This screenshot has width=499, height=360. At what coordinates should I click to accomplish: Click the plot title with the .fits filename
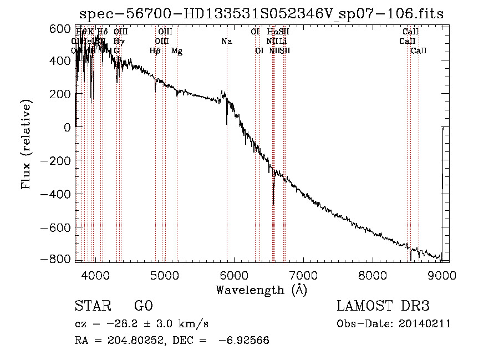click(261, 13)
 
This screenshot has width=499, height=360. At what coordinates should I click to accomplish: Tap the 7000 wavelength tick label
click(303, 275)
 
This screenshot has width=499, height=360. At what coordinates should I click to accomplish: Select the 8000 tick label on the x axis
click(372, 275)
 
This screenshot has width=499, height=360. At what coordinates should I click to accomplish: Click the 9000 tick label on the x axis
click(441, 275)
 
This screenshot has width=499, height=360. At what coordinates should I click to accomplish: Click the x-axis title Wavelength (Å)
click(261, 290)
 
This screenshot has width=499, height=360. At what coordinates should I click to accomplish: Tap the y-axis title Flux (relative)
click(26, 144)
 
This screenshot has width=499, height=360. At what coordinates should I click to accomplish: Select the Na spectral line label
click(226, 41)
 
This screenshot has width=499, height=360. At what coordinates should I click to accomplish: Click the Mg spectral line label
click(176, 51)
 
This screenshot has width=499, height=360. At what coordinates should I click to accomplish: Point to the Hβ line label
click(155, 51)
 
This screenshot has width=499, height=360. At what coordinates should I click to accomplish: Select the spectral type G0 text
click(143, 306)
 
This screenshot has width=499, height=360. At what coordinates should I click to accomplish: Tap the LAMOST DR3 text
click(383, 306)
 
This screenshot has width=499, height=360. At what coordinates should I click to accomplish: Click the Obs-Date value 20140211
click(426, 324)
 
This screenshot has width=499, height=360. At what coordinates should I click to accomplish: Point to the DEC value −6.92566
click(245, 340)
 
